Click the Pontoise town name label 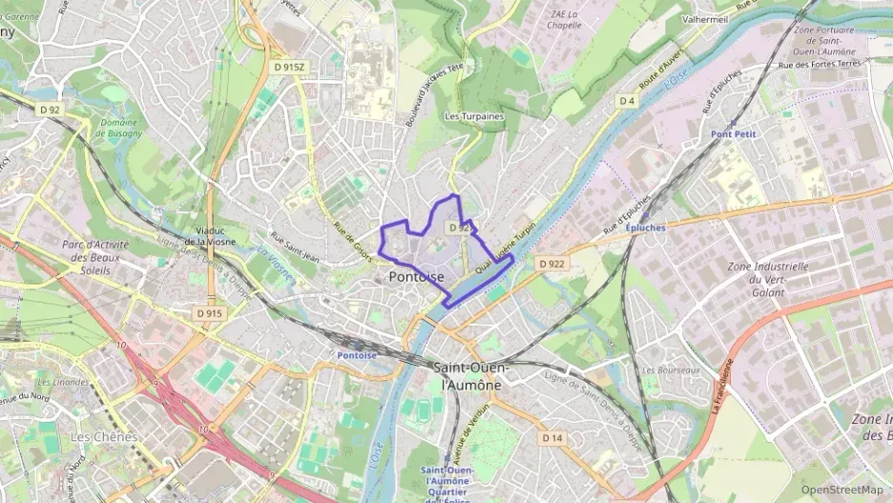tap(416, 277)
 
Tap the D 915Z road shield tap(288, 67)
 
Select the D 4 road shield tap(626, 100)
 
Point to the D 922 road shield tap(551, 263)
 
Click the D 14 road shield tap(552, 437)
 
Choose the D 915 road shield tap(209, 313)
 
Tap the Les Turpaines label tap(474, 116)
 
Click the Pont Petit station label tap(733, 135)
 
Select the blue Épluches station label tap(645, 228)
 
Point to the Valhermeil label tap(706, 18)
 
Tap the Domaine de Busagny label tap(121, 127)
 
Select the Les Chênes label tap(104, 436)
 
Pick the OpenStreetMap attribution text tap(842, 490)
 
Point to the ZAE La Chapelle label tap(565, 19)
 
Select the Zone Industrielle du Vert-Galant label tap(766, 279)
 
